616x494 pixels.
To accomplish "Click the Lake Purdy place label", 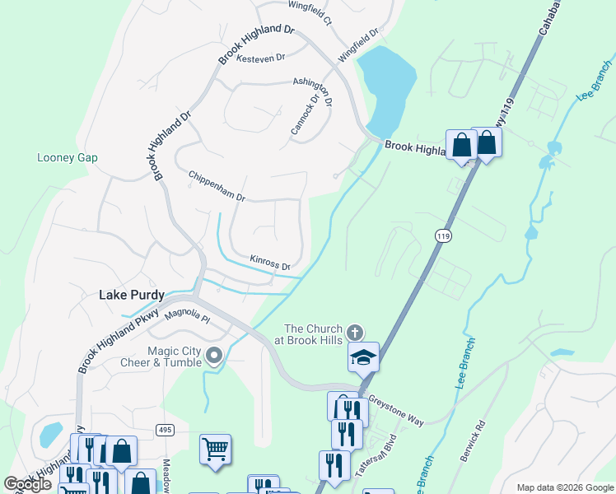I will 132,294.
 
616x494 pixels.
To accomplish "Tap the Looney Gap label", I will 68,157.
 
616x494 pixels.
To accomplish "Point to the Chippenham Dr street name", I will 217,187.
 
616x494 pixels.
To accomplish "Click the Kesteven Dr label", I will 260,58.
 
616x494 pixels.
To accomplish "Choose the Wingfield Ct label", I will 310,12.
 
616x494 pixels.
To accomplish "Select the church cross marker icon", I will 355,333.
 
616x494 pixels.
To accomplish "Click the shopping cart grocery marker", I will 215,450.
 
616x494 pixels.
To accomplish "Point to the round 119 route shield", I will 443,236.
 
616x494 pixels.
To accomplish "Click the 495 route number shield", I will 165,431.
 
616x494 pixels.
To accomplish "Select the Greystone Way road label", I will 396,408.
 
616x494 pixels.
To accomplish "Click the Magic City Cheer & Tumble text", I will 175,357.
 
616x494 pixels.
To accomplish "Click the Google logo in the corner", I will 27,483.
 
